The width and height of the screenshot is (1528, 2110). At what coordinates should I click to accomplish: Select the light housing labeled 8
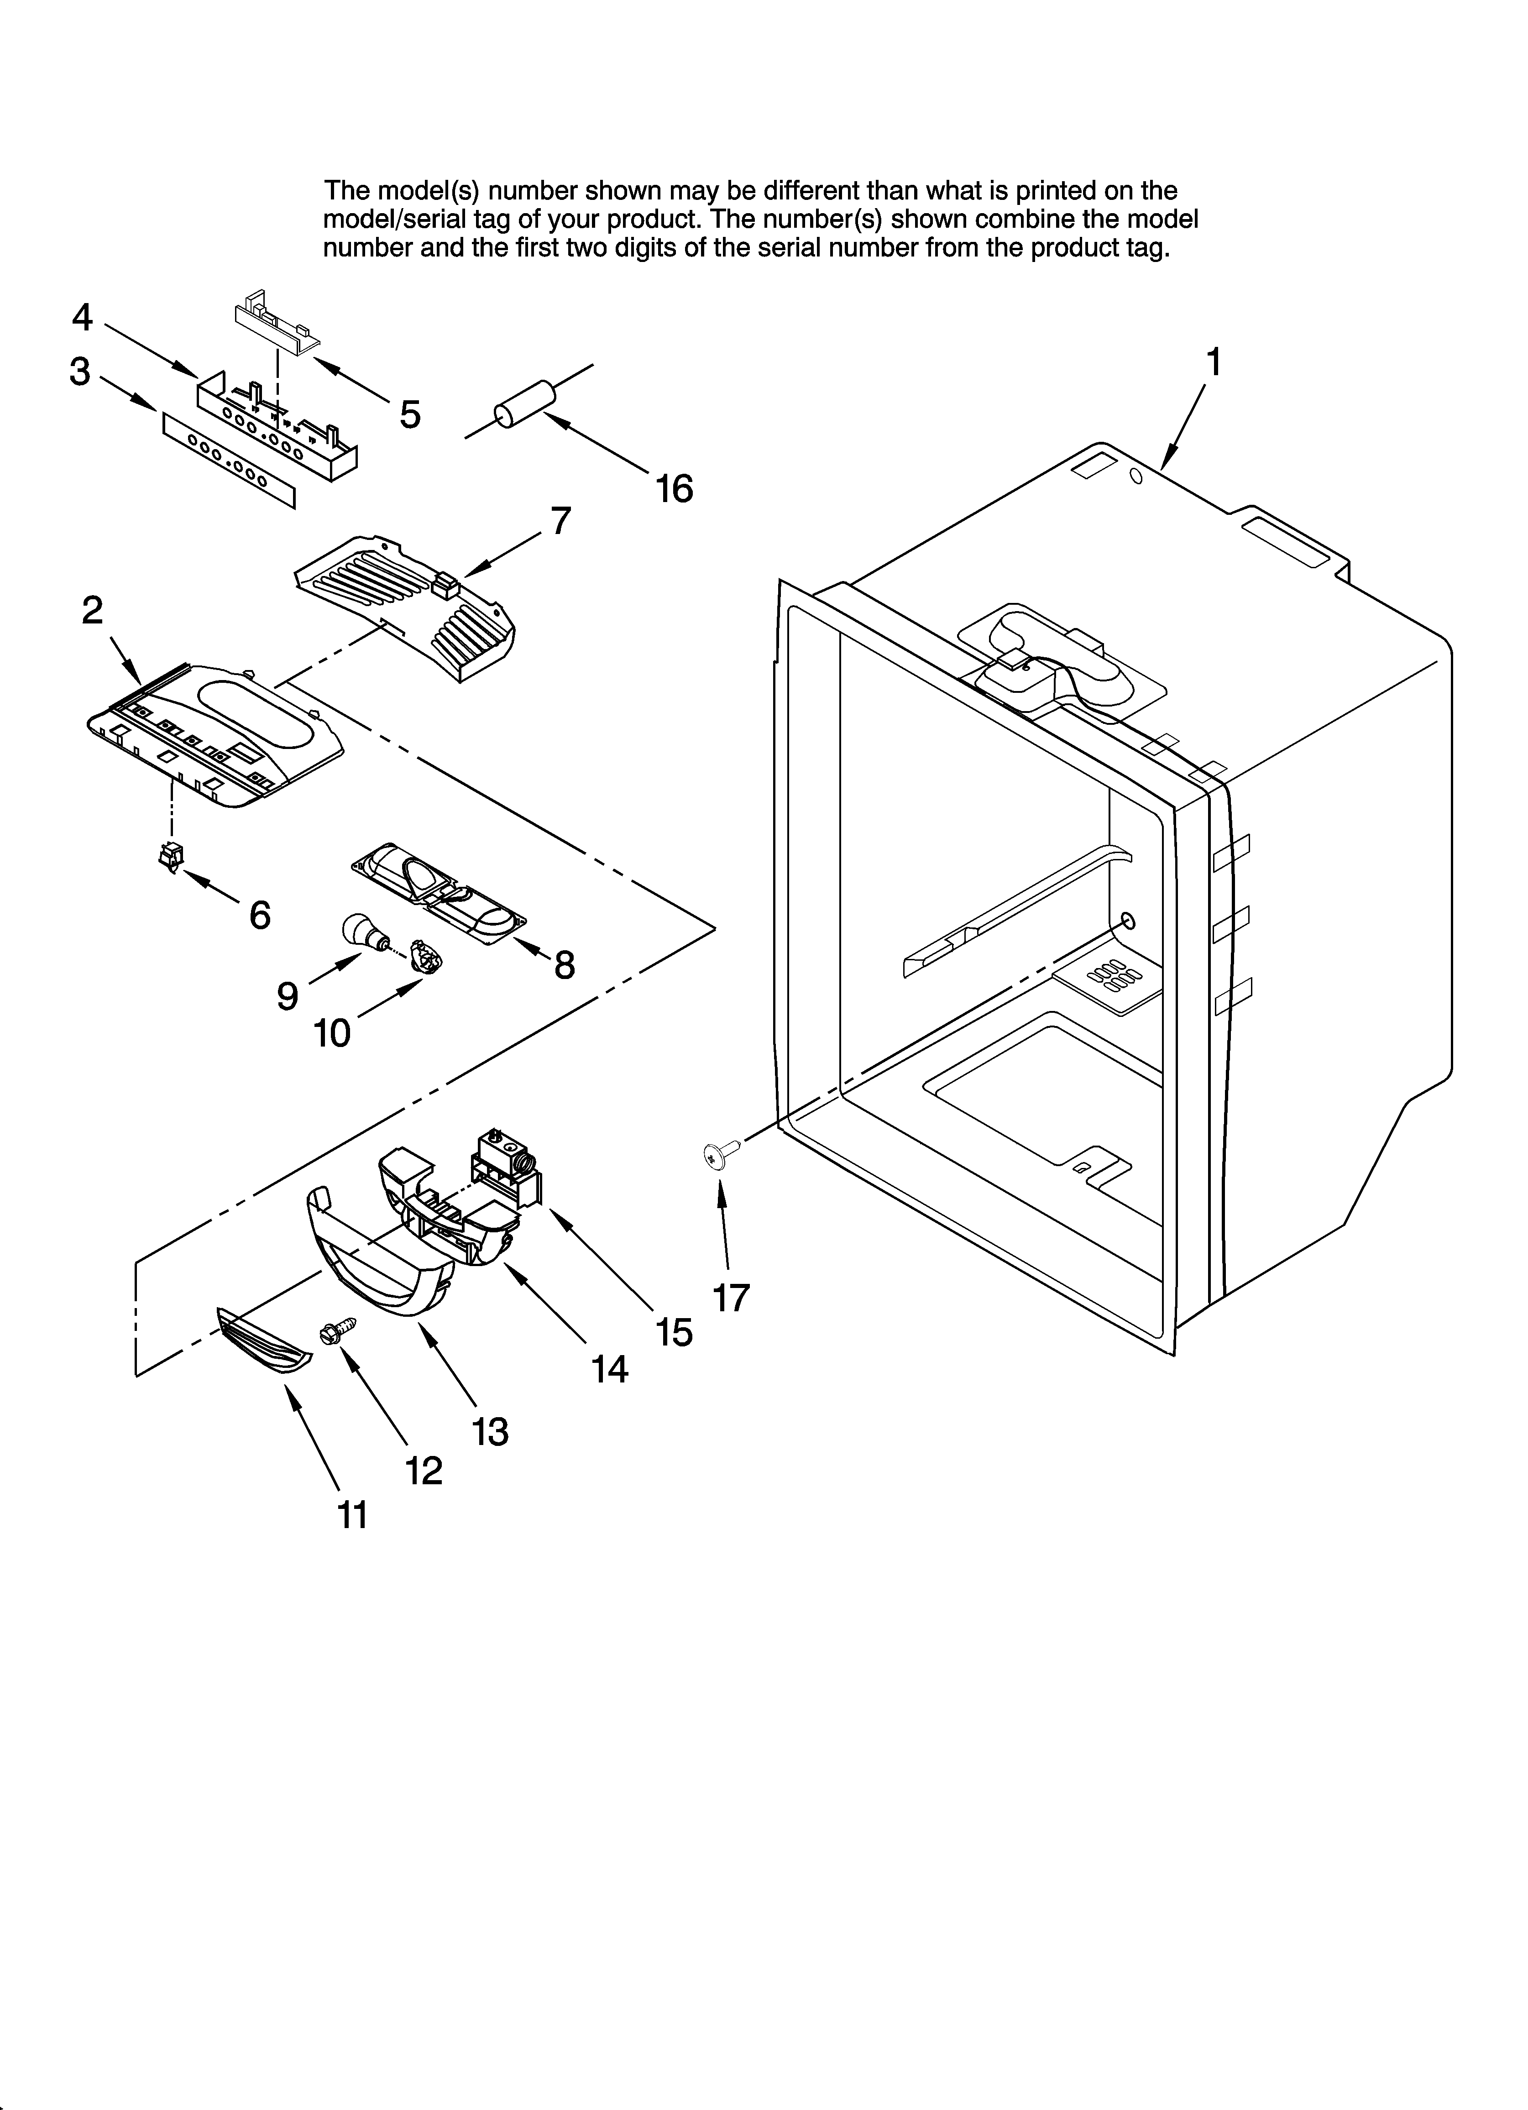tap(437, 894)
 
